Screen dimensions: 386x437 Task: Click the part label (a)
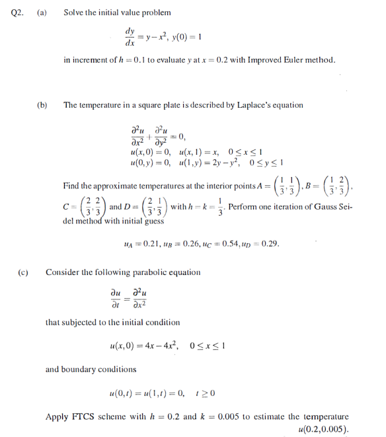click(41, 13)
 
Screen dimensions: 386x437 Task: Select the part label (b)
click(42, 104)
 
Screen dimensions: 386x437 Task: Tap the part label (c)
click(23, 271)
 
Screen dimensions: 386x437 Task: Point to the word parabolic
click(136, 271)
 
